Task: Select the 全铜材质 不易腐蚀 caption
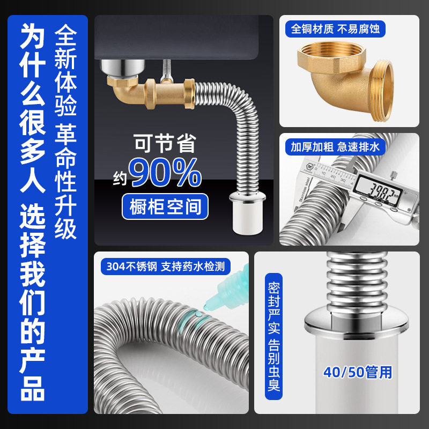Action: pyautogui.click(x=335, y=28)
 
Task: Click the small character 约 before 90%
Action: pyautogui.click(x=120, y=176)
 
